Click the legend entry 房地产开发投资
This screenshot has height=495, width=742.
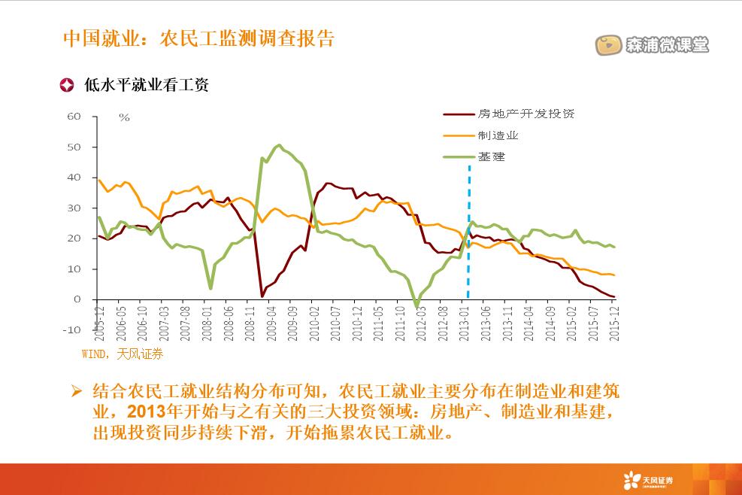point(525,114)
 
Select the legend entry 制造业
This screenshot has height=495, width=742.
point(498,135)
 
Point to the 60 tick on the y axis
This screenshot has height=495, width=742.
point(74,117)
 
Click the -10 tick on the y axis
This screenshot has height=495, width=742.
point(72,330)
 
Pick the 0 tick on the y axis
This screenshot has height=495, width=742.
point(77,299)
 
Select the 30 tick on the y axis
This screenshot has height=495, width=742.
point(74,208)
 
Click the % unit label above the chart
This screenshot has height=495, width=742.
point(124,117)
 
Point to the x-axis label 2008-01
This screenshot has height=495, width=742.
point(206,323)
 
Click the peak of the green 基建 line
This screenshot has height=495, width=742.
point(279,145)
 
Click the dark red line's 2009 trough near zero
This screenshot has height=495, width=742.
point(262,296)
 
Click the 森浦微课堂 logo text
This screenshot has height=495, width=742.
point(666,45)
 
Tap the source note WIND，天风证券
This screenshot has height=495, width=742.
point(122,353)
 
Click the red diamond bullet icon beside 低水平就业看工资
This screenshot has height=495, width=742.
point(67,85)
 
